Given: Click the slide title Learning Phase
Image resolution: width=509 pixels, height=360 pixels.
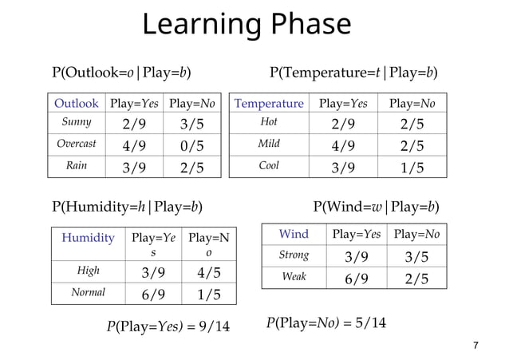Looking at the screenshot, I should point(247,25).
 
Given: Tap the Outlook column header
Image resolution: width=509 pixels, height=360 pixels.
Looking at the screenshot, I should point(77,104).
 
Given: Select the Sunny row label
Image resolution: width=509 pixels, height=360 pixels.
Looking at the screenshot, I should point(77,123).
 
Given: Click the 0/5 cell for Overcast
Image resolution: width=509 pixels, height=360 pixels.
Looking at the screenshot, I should point(186,145).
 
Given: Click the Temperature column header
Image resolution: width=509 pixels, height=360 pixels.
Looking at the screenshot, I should point(269,104).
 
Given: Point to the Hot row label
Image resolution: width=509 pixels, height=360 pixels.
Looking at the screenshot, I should point(269,123).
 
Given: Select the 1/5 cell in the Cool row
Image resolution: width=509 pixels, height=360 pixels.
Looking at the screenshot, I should point(412,167).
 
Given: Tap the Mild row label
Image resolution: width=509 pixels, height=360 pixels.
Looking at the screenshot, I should point(269,144).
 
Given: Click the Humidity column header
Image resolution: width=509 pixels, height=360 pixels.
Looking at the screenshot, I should point(88,238).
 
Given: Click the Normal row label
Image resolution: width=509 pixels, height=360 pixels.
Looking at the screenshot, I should point(88,292).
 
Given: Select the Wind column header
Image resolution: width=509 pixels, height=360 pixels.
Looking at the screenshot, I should point(294,234).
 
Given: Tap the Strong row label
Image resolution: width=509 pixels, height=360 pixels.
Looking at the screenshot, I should point(294,255).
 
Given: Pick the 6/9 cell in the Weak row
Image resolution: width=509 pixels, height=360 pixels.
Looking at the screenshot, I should point(356,278).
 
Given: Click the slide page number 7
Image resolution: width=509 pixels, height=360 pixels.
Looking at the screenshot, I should point(475,346).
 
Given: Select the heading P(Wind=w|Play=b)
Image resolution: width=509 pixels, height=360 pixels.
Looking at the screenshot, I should point(375,208).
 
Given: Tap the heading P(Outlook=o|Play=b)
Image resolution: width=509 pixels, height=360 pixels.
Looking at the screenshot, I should point(121,73).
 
